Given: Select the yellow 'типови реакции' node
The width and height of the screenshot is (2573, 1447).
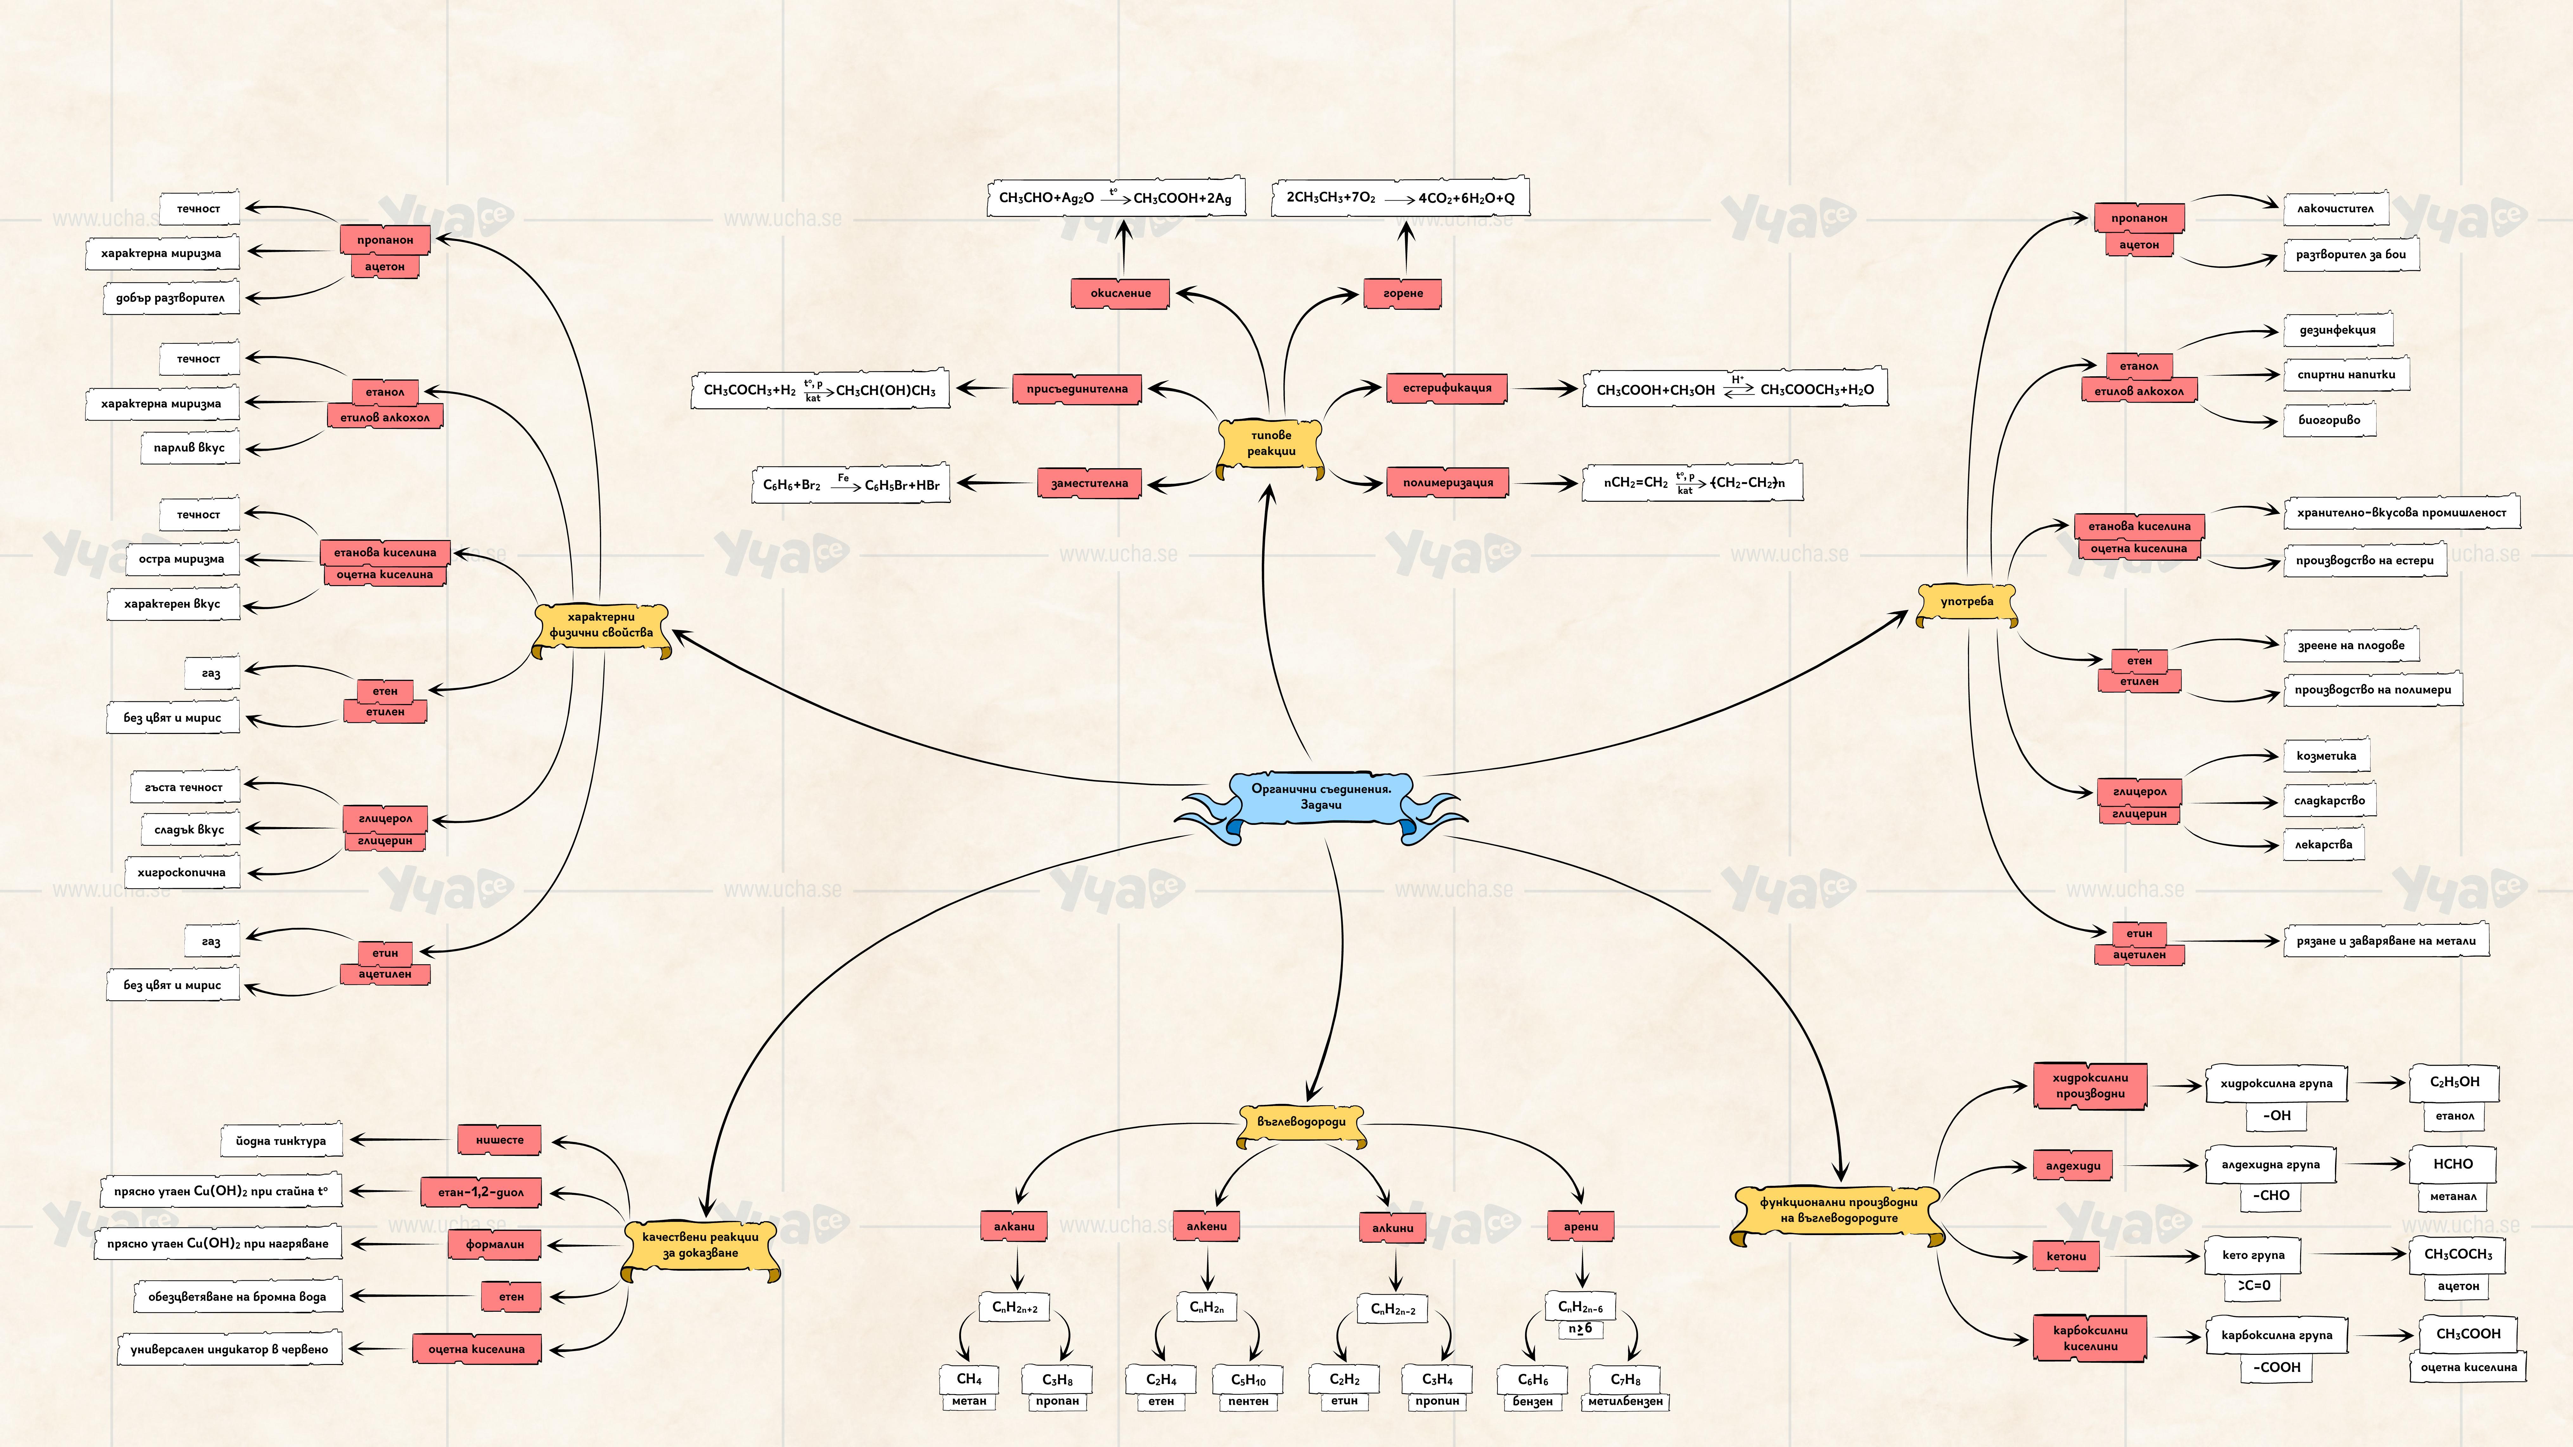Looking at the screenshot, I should (x=1271, y=443).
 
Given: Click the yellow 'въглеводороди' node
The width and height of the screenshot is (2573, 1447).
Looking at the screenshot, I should (x=1301, y=1121).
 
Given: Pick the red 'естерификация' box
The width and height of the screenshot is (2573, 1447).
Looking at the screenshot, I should (x=1446, y=388).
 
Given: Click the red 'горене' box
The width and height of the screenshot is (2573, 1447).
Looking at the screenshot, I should (x=1402, y=294).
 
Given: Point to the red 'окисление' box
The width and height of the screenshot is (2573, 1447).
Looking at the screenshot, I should (x=1120, y=294).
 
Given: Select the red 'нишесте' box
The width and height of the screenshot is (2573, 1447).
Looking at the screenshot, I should (x=499, y=1139).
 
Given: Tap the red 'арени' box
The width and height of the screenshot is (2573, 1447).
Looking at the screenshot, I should (x=1580, y=1226).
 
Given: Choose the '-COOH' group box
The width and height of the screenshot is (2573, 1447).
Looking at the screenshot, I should (x=2276, y=1367).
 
